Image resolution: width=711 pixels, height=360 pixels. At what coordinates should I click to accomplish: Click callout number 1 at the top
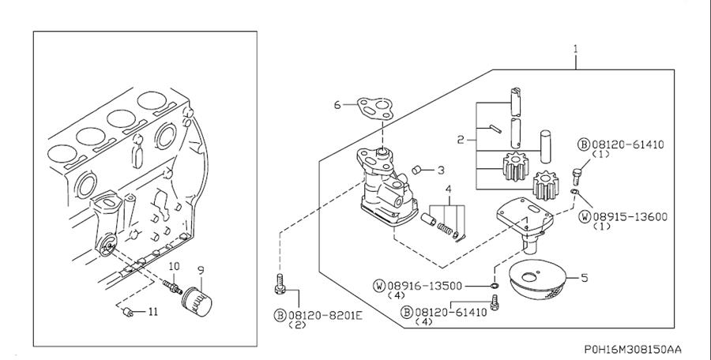[576, 49]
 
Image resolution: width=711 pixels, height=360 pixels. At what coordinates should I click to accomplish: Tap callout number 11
[153, 312]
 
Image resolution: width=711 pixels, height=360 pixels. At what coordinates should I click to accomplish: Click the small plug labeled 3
[417, 170]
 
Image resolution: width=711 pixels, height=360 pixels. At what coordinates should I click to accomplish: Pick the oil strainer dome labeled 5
[538, 279]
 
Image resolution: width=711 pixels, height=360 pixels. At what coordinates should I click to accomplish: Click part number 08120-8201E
[325, 315]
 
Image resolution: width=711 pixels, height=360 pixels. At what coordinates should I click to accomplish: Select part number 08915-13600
[630, 217]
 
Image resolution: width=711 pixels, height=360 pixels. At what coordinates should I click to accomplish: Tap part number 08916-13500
[424, 286]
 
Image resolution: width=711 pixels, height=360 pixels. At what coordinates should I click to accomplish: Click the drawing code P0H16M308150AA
[632, 349]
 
